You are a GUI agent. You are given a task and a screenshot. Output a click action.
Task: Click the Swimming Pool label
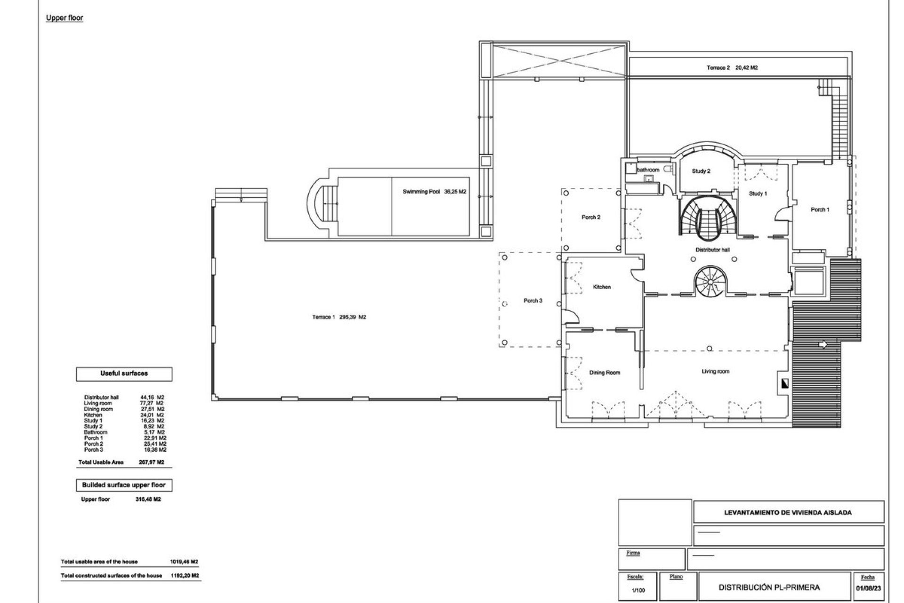pyautogui.click(x=421, y=192)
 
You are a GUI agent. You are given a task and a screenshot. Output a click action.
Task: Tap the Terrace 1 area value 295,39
pyautogui.click(x=349, y=317)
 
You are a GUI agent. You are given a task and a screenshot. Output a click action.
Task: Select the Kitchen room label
pyautogui.click(x=602, y=287)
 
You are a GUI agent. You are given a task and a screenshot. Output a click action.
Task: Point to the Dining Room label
pyautogui.click(x=605, y=373)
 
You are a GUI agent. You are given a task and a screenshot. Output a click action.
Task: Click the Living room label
pyautogui.click(x=715, y=371)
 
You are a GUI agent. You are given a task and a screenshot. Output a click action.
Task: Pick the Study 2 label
pyautogui.click(x=701, y=171)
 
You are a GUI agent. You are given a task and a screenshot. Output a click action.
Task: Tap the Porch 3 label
pyautogui.click(x=533, y=301)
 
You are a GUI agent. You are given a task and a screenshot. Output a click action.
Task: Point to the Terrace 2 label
pyautogui.click(x=718, y=68)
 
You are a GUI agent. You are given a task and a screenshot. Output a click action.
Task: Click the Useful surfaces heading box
pyautogui.click(x=124, y=374)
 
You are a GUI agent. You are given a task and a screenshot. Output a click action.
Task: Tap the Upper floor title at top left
pyautogui.click(x=65, y=18)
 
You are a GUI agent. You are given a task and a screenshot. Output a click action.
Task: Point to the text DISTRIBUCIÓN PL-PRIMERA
pyautogui.click(x=769, y=587)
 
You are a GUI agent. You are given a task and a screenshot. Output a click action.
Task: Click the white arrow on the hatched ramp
pyautogui.click(x=823, y=345)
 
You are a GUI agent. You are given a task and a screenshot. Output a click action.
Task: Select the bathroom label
pyautogui.click(x=648, y=170)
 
